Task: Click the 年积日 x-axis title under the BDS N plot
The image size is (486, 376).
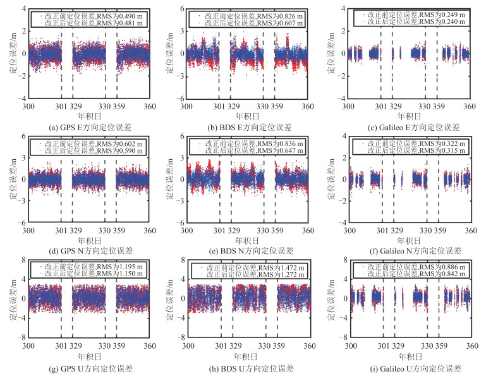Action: pyautogui.click(x=247, y=240)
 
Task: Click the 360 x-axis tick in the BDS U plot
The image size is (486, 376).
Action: pyautogui.click(x=308, y=348)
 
